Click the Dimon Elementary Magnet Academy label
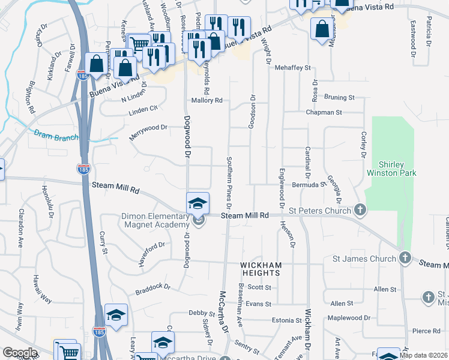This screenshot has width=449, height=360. tap(155, 220)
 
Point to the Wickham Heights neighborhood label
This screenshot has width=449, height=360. tap(261, 269)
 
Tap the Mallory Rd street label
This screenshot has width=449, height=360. tap(207, 101)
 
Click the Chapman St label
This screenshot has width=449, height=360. tap(324, 112)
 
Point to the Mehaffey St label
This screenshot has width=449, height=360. tap(291, 68)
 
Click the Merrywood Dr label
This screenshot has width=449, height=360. tap(148, 131)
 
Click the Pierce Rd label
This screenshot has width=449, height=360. tap(426, 331)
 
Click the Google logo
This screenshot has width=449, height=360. tap(20, 353)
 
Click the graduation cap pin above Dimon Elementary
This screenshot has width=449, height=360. tap(197, 203)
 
